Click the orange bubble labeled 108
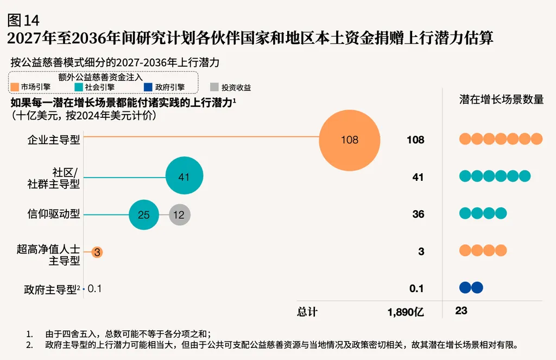[x=350, y=140]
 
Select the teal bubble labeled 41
[x=185, y=175]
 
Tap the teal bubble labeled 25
[x=143, y=214]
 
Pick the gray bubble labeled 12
[x=179, y=214]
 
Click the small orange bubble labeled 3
[x=97, y=252]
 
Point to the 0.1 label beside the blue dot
[x=94, y=289]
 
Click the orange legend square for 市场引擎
[x=15, y=87]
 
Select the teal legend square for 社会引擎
[x=79, y=87]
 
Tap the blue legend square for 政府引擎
[x=148, y=87]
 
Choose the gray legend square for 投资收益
[x=214, y=87]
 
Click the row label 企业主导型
[x=54, y=140]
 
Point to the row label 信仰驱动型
[x=54, y=214]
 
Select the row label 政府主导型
[x=50, y=290]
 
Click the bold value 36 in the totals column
[x=419, y=214]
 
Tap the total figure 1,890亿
[x=406, y=312]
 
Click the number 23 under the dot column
[x=462, y=311]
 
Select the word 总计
[x=307, y=312]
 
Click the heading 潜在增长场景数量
[x=501, y=99]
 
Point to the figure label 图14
[x=23, y=20]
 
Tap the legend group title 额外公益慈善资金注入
[x=100, y=77]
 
